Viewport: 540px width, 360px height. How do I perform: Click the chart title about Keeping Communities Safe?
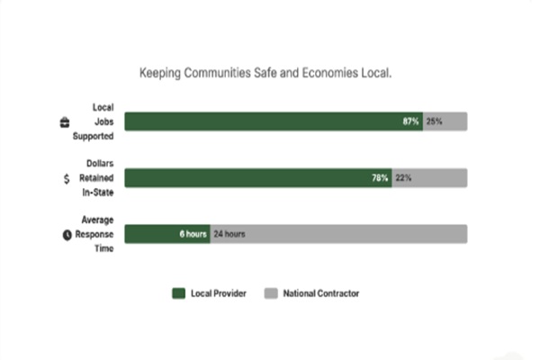(265, 71)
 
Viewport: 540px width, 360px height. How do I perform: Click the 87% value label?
(410, 121)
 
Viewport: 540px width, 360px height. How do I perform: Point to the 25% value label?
(434, 121)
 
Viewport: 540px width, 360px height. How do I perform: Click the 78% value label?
(380, 178)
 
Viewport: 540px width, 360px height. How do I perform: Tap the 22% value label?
(402, 178)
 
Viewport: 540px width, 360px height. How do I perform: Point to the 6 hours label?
(193, 234)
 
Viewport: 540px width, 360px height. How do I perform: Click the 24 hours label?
(229, 234)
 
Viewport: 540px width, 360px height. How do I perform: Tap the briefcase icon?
(64, 122)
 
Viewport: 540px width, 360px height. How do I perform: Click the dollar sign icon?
(66, 179)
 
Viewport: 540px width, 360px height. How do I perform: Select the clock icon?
(66, 235)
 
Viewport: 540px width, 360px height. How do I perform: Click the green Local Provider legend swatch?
(178, 293)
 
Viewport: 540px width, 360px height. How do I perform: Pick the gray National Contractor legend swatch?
(271, 293)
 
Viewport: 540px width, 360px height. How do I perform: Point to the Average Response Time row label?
(95, 234)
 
